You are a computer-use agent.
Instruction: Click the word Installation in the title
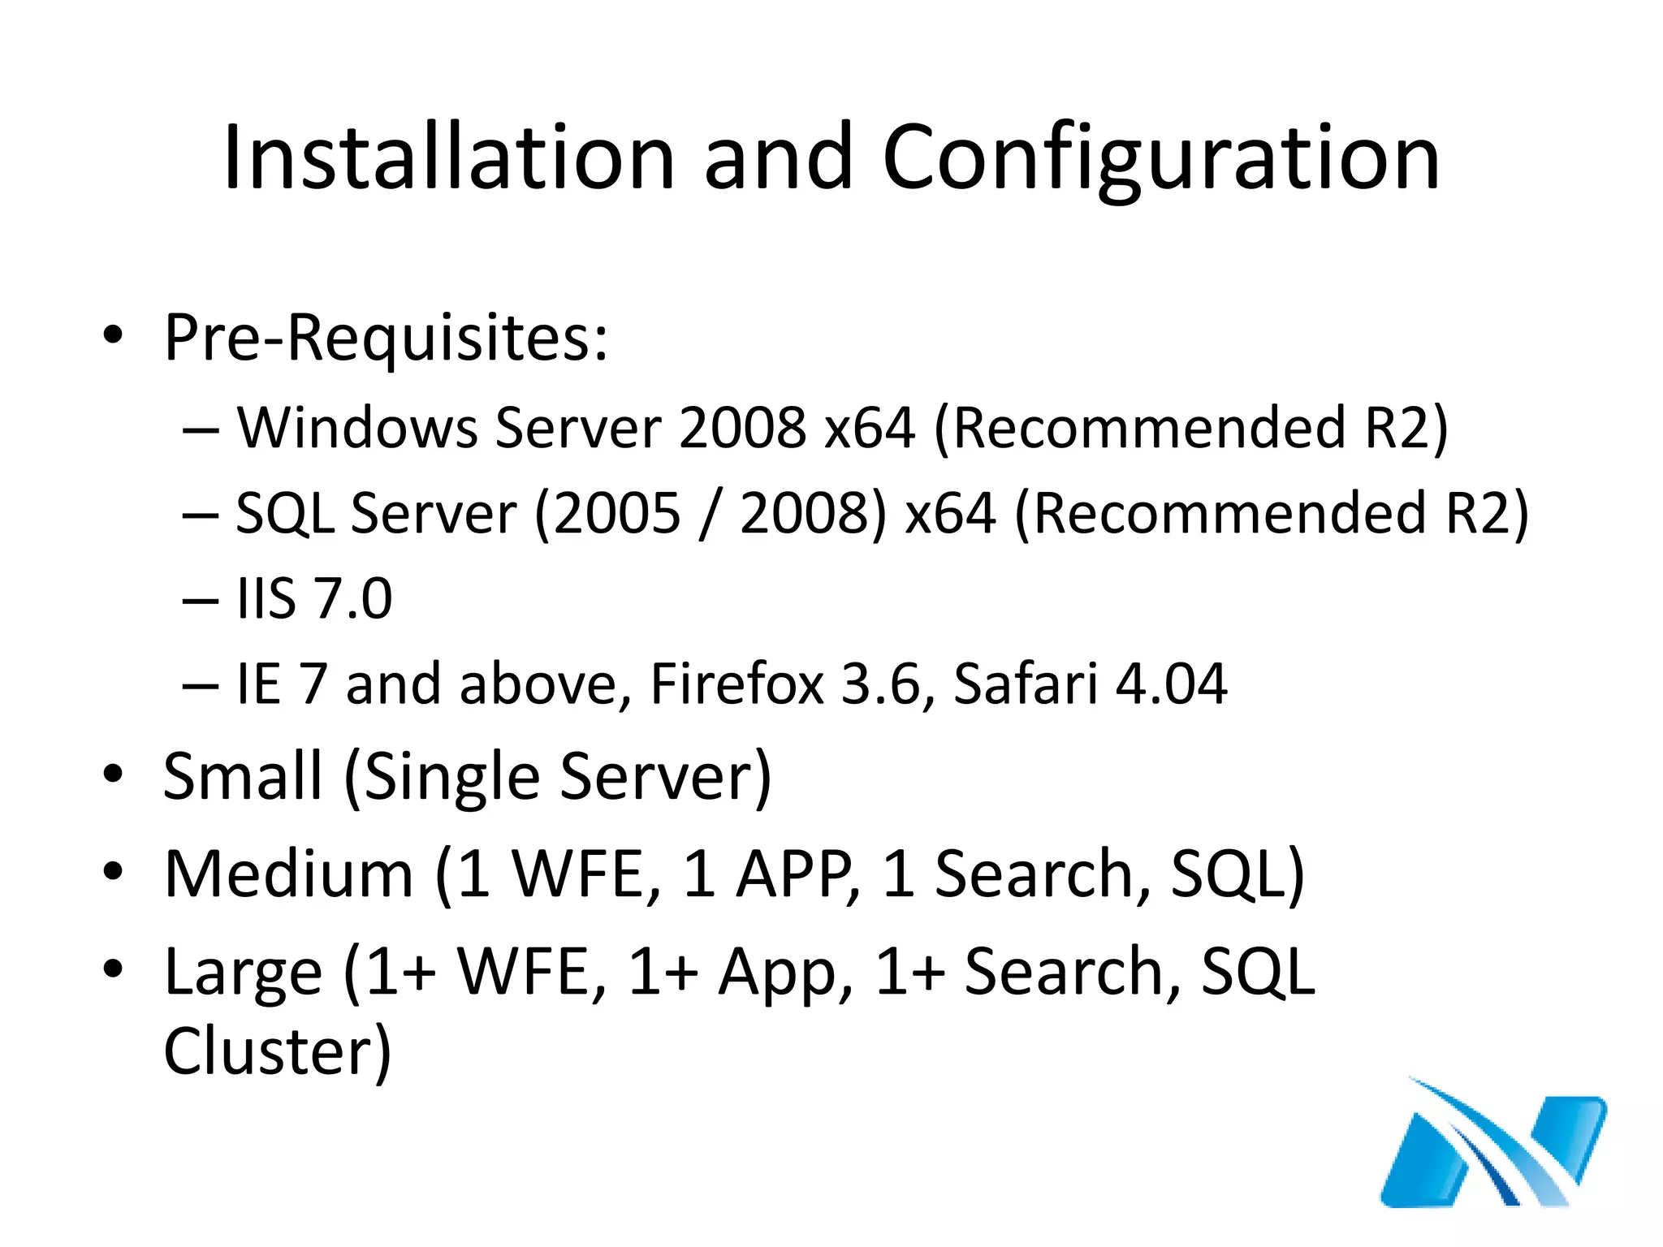pos(449,157)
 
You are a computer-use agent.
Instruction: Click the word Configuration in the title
pos(1161,157)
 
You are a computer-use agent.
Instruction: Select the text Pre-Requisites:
pos(386,338)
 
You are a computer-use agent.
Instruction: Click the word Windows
pos(357,428)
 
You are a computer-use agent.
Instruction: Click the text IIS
pos(266,599)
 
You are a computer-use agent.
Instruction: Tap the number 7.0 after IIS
pos(353,599)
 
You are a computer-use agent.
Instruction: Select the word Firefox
pos(736,684)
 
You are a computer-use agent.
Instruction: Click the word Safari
pos(1025,684)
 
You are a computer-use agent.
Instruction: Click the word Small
pos(243,777)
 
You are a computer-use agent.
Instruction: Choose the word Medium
pos(288,874)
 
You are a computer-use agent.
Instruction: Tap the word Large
pos(243,973)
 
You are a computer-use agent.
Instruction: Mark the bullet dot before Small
pos(113,773)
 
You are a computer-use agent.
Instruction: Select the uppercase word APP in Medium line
pos(796,874)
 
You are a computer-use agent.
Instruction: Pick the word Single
pos(451,777)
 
